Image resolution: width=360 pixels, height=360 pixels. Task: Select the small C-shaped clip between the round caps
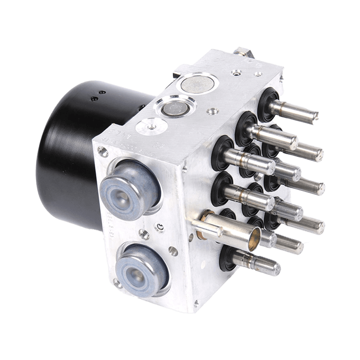[160, 228]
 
